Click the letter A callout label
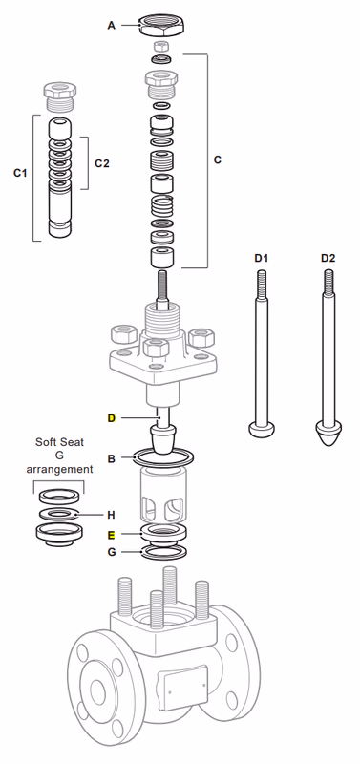[111, 26]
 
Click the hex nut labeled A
[163, 23]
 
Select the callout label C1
[19, 173]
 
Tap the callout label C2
[102, 162]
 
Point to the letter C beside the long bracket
[217, 159]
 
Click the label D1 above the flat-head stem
[261, 258]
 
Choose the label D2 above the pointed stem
[328, 258]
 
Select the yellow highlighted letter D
[111, 418]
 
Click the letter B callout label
[111, 459]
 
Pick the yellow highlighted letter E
[111, 535]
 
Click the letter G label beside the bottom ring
[111, 553]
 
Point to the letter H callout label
[111, 514]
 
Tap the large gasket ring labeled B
[163, 461]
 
